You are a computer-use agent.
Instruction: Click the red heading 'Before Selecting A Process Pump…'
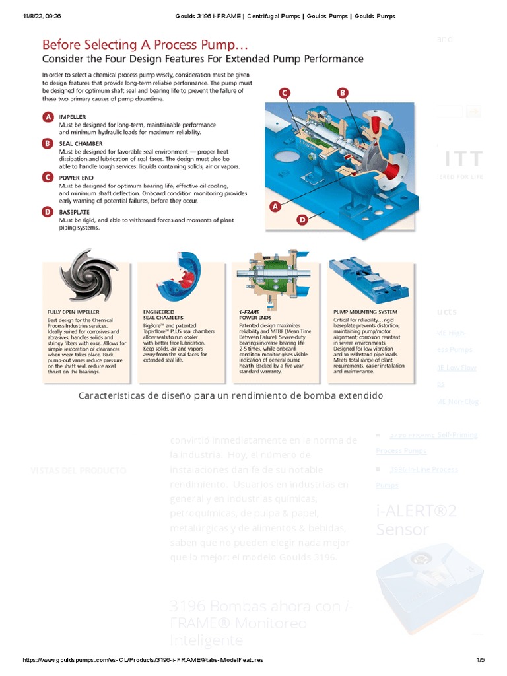click(x=137, y=45)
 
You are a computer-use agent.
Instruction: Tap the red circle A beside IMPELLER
click(x=48, y=117)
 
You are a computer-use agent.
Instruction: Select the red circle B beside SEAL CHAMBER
click(x=48, y=143)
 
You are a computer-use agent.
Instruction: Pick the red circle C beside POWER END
click(x=48, y=177)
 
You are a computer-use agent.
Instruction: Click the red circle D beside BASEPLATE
click(x=48, y=212)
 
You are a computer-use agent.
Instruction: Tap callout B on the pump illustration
click(x=342, y=93)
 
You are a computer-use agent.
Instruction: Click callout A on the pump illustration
click(x=275, y=207)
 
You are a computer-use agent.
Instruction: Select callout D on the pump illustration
click(x=302, y=219)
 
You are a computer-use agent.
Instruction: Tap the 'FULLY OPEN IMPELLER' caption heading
click(x=74, y=311)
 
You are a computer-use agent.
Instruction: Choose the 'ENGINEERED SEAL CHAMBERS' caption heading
click(x=159, y=314)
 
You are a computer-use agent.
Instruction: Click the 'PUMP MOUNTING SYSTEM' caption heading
click(x=365, y=311)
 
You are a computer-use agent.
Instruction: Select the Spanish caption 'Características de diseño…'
click(x=230, y=395)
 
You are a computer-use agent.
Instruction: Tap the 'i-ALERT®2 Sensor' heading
click(x=416, y=520)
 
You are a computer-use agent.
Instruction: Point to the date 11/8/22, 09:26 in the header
click(x=42, y=16)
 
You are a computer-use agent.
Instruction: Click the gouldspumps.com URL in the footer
click(x=143, y=660)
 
